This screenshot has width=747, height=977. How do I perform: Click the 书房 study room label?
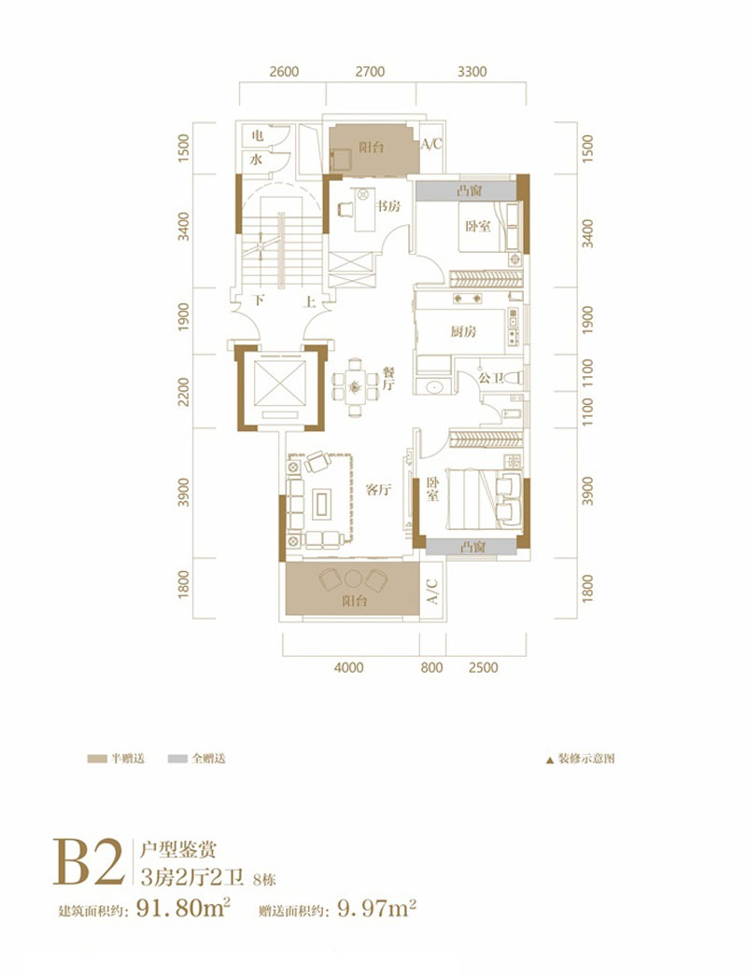pos(389,206)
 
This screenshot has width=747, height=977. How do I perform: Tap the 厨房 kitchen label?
pos(463,331)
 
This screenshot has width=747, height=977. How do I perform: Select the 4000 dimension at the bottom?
pos(347,667)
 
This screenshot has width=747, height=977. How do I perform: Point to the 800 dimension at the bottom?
pos(430,667)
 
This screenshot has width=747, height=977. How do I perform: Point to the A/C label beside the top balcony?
pos(431,145)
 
